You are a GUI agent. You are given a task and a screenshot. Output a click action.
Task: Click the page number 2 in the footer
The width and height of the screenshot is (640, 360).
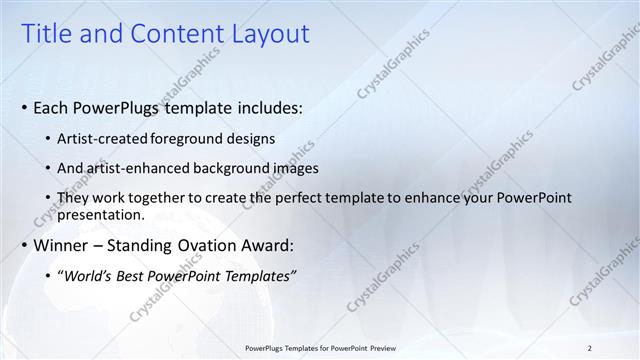click(590, 346)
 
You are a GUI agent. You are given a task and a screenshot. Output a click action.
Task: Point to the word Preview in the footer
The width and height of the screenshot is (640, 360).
click(377, 346)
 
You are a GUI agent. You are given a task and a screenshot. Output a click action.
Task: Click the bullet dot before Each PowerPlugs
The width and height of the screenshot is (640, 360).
click(24, 107)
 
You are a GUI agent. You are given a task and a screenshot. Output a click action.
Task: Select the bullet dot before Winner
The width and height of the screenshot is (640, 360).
click(24, 245)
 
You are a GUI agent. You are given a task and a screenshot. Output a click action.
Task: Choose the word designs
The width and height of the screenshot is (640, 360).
click(251, 138)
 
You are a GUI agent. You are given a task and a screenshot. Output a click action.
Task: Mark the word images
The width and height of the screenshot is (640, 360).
click(292, 168)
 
